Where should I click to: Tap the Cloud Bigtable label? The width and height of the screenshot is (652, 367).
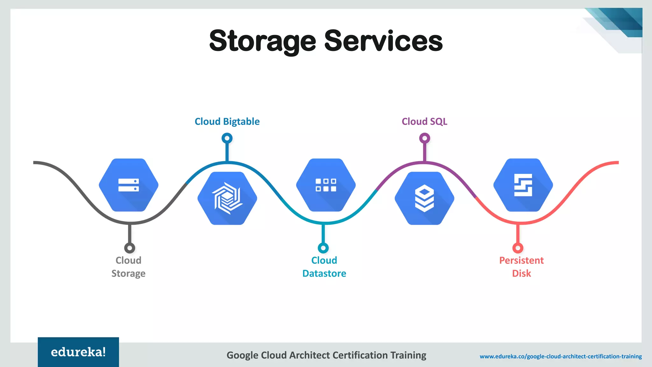point(227,121)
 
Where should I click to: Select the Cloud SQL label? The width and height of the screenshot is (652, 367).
point(424,121)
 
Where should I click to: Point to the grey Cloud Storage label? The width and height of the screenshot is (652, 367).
point(128,267)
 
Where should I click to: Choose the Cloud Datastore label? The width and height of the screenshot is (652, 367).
point(324,267)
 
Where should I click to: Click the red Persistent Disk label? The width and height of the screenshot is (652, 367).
point(521,267)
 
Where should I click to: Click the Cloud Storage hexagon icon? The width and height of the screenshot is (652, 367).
point(129,185)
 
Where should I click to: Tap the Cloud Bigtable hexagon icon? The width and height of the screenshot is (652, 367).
point(227,198)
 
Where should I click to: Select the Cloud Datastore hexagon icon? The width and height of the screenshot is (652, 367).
point(326,185)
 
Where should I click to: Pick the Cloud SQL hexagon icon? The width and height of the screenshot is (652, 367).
point(424,198)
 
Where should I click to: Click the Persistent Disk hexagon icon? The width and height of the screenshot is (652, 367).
point(523,185)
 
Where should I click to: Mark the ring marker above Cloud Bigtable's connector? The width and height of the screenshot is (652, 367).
point(227,138)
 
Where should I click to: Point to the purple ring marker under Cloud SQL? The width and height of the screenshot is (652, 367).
point(424,138)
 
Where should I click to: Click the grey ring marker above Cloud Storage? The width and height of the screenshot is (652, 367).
point(130,248)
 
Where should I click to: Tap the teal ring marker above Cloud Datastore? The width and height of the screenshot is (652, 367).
point(323,248)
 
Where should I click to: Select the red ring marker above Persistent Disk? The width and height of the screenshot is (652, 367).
point(518,248)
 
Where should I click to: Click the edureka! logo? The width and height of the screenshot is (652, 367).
point(78,352)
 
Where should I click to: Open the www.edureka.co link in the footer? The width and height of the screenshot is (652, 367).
point(561,356)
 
